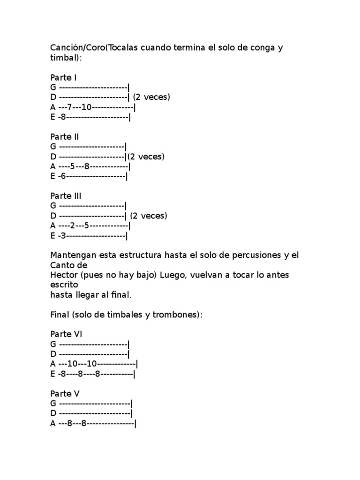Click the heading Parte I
point(64,77)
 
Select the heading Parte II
point(65,136)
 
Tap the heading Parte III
point(66,195)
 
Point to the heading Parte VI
point(66,334)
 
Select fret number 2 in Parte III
point(72,225)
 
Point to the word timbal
point(63,58)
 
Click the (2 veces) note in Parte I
point(151,97)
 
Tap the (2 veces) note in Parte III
point(149,216)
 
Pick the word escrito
point(63,285)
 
